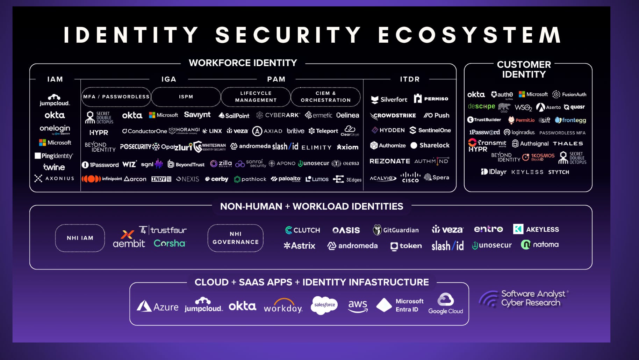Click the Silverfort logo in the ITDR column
click(x=389, y=100)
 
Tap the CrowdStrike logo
click(x=393, y=115)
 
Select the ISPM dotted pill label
click(x=186, y=97)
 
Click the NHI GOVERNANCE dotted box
click(x=235, y=238)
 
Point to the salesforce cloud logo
click(x=324, y=305)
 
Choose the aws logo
click(x=358, y=306)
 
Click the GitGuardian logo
click(x=396, y=230)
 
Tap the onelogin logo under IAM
click(x=55, y=129)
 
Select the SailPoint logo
click(x=234, y=115)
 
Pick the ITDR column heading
click(x=410, y=79)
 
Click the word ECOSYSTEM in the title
click(x=469, y=35)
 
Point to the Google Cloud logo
click(x=446, y=304)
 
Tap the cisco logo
click(x=410, y=177)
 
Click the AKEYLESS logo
click(x=536, y=229)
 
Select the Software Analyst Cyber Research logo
click(x=523, y=299)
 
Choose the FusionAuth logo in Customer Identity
click(x=569, y=94)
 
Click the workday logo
click(x=283, y=306)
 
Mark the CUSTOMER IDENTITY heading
click(x=524, y=70)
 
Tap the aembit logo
click(x=129, y=239)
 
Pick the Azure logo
click(x=157, y=307)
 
